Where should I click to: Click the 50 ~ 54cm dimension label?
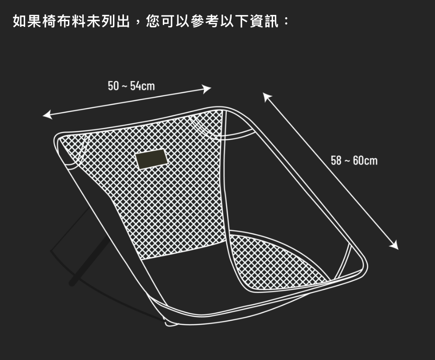click(131, 86)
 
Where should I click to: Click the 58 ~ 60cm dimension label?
click(354, 161)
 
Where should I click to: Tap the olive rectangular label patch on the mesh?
click(152, 159)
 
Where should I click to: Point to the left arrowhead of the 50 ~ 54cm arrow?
click(46, 116)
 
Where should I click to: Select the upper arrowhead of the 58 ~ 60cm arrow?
click(266, 96)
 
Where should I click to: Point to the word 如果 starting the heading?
click(27, 21)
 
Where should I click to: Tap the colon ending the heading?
click(286, 21)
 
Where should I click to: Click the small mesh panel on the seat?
click(276, 260)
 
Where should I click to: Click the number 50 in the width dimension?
click(113, 86)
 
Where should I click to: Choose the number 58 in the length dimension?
click(336, 161)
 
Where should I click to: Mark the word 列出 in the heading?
click(116, 21)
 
